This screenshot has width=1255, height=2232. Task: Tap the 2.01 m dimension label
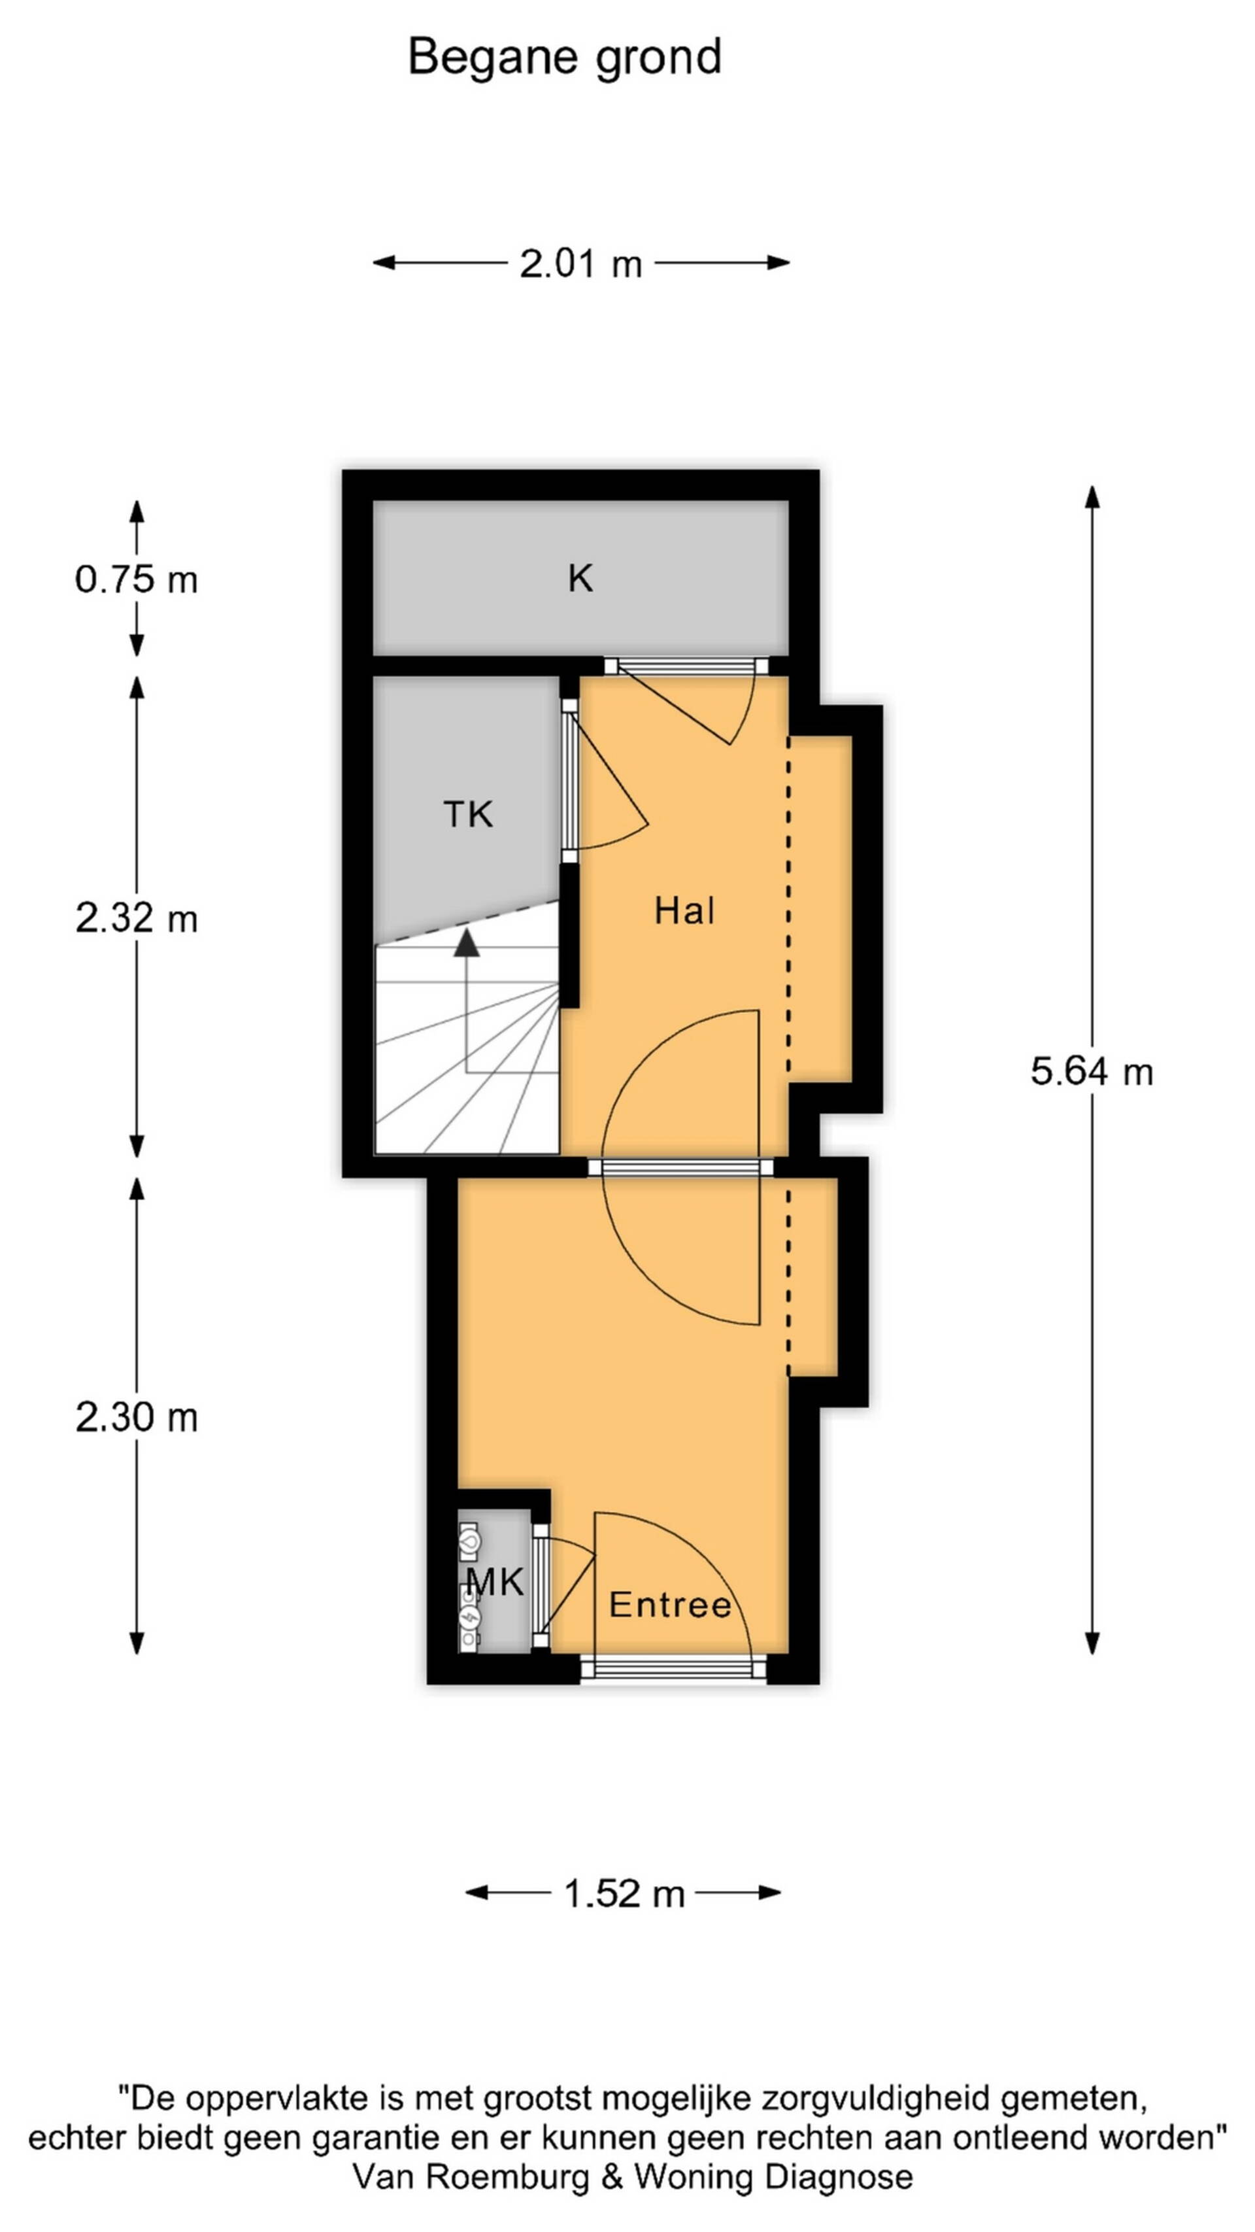580,264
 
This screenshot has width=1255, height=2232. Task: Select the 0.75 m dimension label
136,579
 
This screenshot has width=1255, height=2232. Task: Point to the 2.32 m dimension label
136,918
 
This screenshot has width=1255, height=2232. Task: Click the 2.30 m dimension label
136,1418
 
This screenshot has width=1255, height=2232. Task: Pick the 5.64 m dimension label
1092,1072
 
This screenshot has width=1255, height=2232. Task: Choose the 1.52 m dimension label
624,1893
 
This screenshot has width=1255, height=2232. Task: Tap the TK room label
468,814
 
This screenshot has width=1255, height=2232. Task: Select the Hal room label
684,910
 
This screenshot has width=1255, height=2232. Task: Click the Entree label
669,1605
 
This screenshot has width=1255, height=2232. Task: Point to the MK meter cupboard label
495,1582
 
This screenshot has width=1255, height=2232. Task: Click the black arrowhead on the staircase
467,944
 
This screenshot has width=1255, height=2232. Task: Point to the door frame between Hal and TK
569,780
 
